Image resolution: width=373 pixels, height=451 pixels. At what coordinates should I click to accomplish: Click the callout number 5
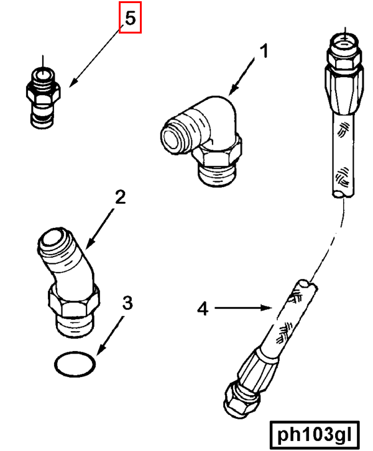click(x=130, y=19)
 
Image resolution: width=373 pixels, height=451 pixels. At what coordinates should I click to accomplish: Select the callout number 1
click(x=264, y=52)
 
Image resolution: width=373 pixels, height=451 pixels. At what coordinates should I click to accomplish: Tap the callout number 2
click(x=121, y=198)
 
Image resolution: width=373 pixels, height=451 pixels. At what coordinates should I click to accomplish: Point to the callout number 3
click(x=127, y=303)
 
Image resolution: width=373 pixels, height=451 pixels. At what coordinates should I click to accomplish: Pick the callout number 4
click(x=202, y=308)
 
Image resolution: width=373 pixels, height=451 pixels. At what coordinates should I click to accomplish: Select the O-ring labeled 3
click(x=75, y=365)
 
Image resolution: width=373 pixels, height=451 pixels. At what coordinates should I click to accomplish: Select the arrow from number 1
click(x=242, y=75)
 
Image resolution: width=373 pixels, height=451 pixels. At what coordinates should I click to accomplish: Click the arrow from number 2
click(x=99, y=226)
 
